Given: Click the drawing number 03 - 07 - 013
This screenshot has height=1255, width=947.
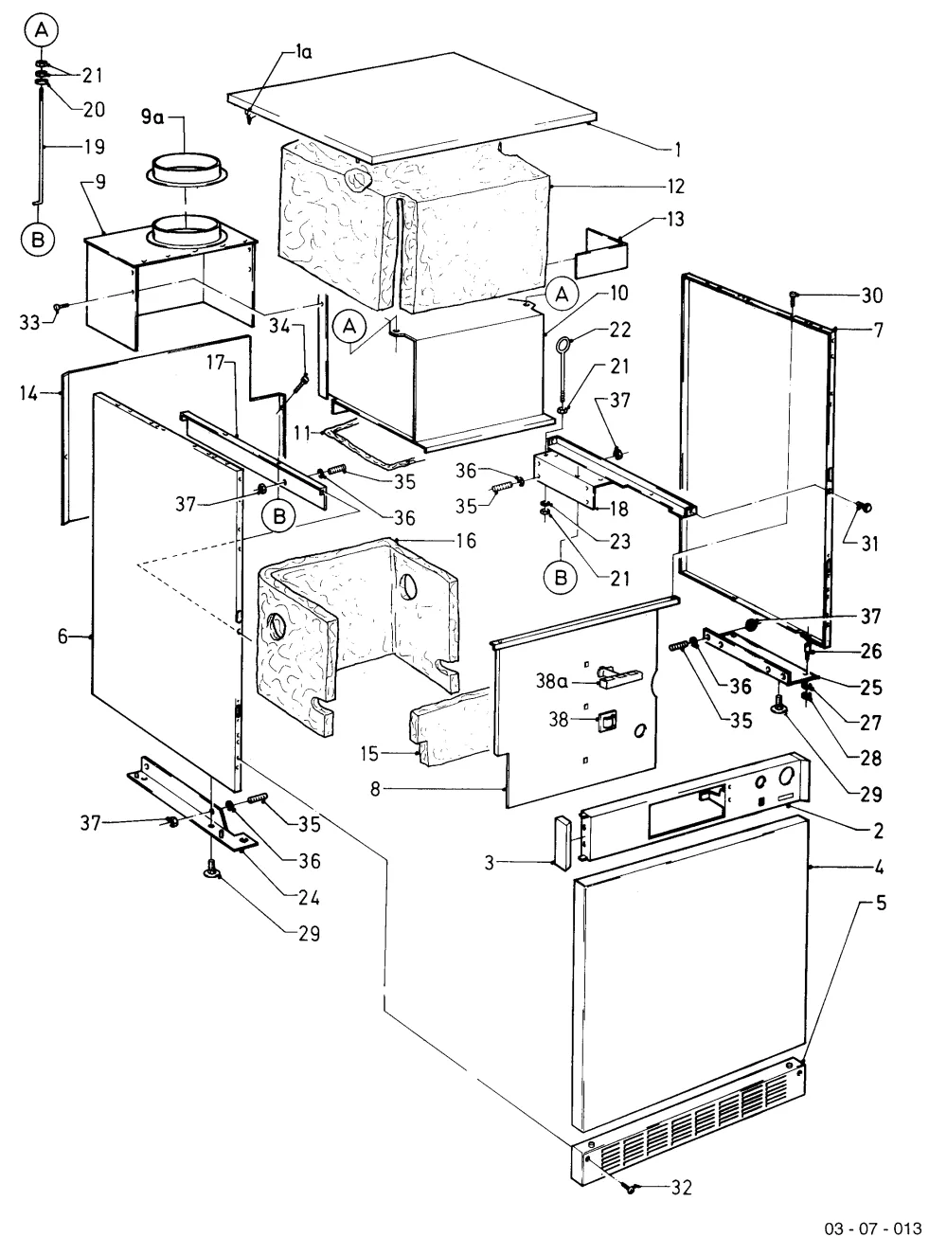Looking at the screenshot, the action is (x=873, y=1228).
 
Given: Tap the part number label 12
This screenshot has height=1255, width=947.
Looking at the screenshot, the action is (x=675, y=187).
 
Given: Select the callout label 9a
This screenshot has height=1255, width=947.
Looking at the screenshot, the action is (x=152, y=117).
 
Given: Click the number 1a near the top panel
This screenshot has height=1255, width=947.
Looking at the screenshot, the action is (x=303, y=52).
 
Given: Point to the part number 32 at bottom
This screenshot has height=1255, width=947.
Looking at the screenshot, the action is (x=681, y=1188).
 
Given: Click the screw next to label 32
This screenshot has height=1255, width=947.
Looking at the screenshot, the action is (x=631, y=1188).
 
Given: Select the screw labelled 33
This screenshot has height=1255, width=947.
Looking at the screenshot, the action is (x=60, y=307).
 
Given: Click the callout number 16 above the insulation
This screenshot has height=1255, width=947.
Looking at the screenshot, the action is (x=466, y=540).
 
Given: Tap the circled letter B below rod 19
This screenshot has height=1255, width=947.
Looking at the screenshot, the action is (x=38, y=239).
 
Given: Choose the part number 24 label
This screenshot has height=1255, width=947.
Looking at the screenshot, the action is (x=309, y=898).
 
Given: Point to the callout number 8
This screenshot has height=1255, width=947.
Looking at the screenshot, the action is (x=375, y=789).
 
